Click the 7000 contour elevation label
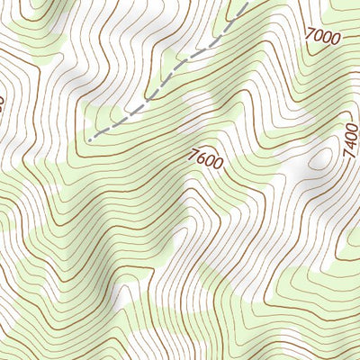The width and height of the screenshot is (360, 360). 323,37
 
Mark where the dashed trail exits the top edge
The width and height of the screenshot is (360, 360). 245,2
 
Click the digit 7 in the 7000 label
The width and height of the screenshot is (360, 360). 310,34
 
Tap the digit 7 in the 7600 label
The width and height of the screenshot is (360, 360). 193,155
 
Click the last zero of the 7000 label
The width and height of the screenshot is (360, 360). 336,40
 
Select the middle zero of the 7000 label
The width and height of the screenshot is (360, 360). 328,38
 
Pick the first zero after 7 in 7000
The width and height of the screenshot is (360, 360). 319,36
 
